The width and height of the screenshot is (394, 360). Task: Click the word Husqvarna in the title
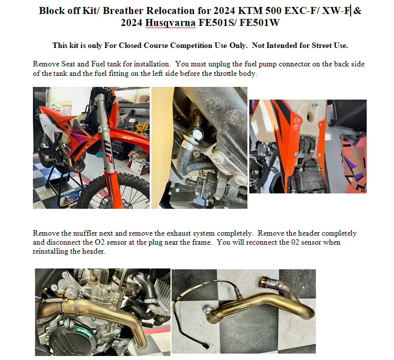[171, 22]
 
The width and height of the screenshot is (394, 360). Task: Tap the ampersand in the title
[358, 10]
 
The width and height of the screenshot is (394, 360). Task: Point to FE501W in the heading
[259, 22]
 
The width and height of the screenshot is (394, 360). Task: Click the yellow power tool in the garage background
[140, 128]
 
